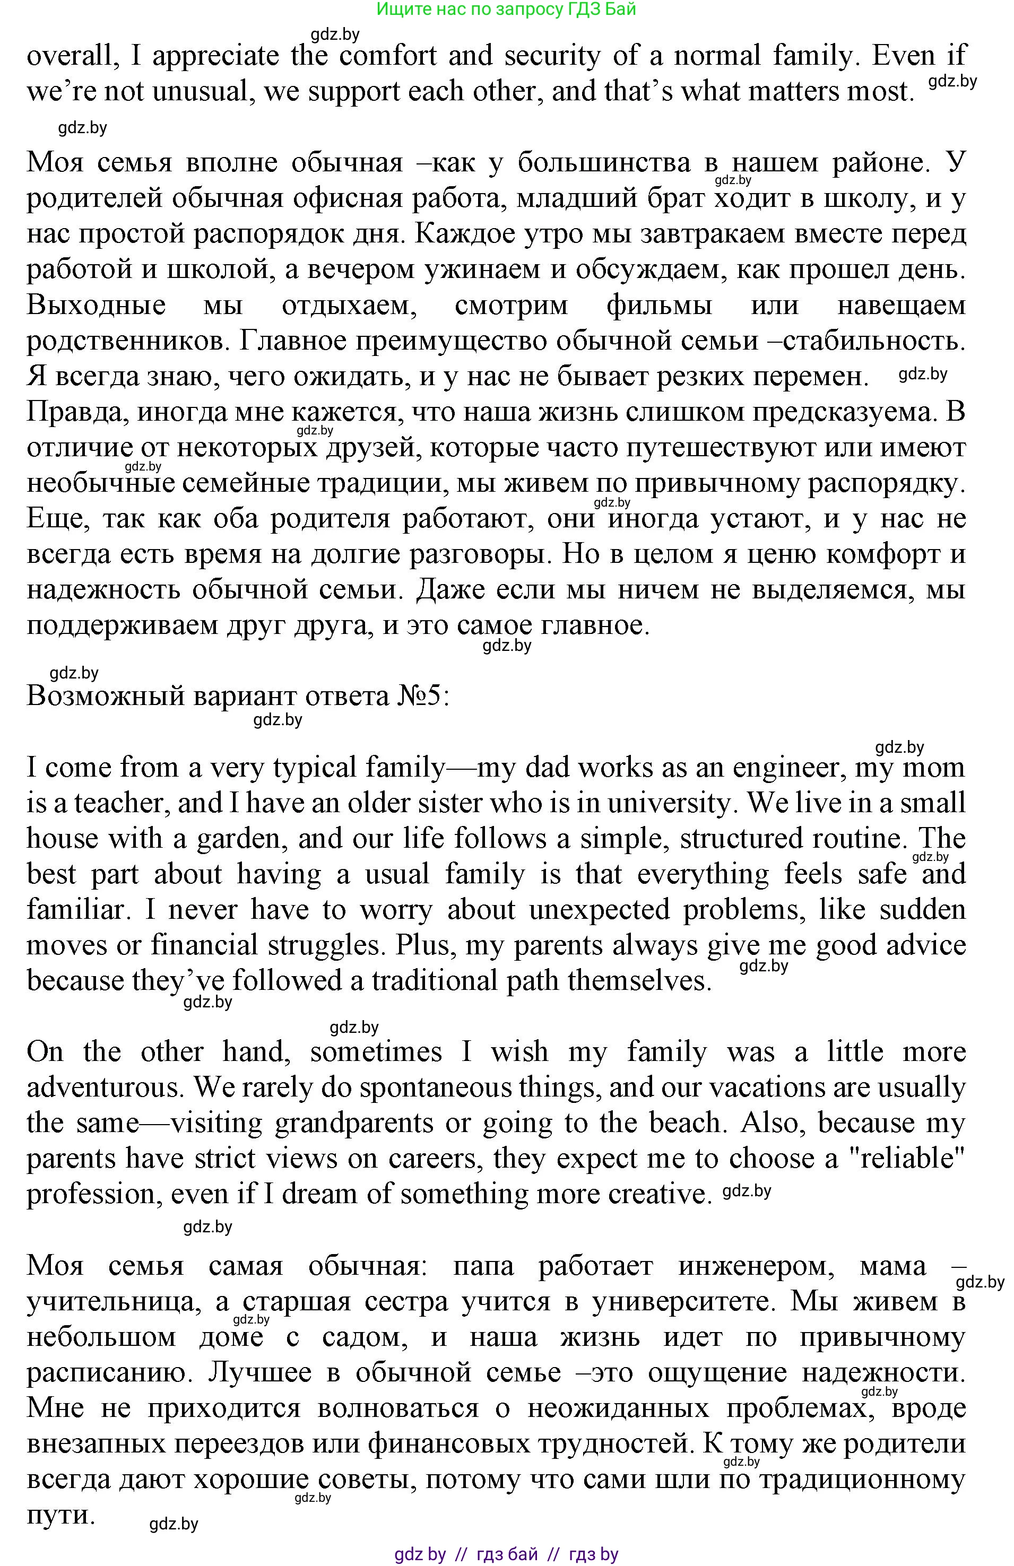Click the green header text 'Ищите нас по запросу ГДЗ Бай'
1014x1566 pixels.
coord(505,9)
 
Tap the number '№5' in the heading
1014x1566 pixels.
coord(422,695)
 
